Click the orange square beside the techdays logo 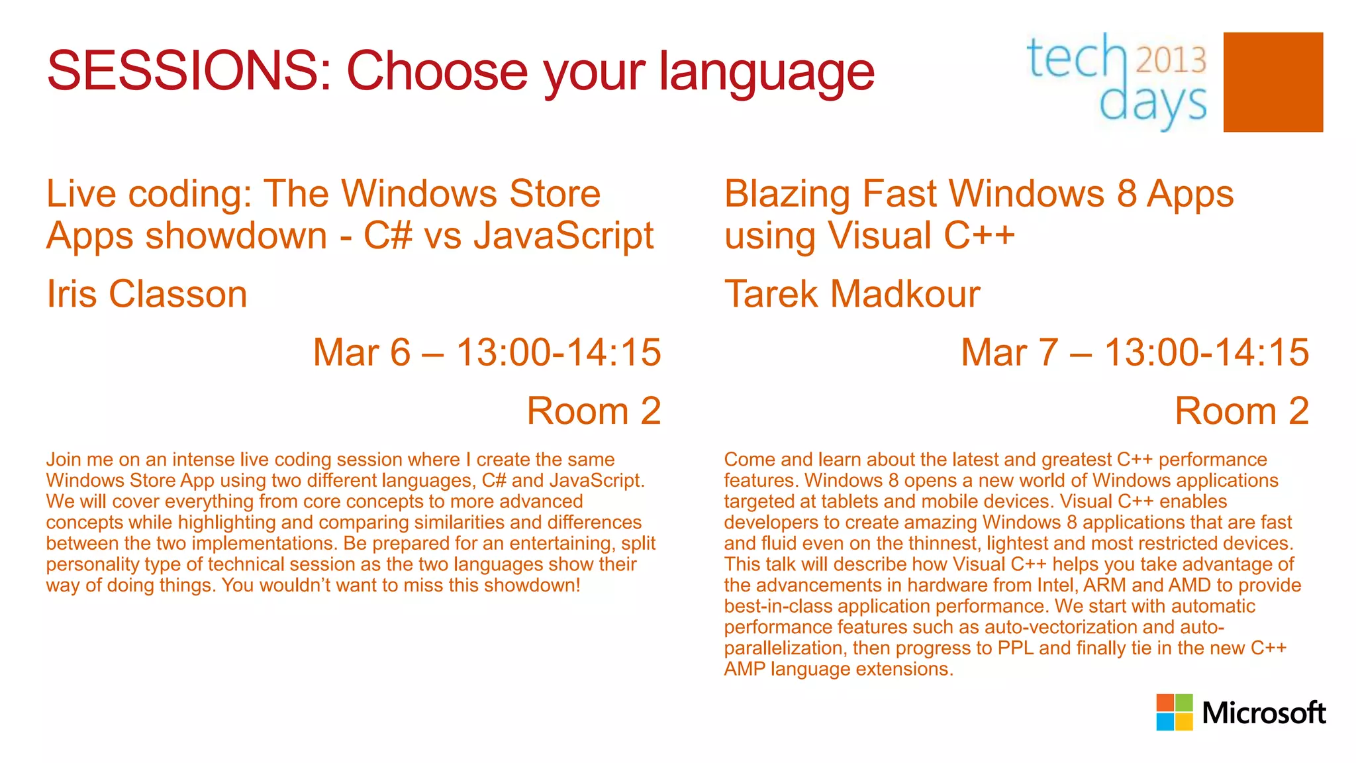tap(1273, 82)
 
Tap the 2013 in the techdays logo tap(1171, 60)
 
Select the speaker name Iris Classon tap(146, 294)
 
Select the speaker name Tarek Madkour tap(851, 294)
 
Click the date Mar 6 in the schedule tap(362, 352)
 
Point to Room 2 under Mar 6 tap(594, 411)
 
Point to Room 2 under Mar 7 tap(1241, 411)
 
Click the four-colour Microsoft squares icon tap(1175, 712)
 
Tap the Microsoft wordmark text tap(1263, 713)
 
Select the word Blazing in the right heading tap(787, 194)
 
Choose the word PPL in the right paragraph tap(1015, 648)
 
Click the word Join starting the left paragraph tap(63, 460)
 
